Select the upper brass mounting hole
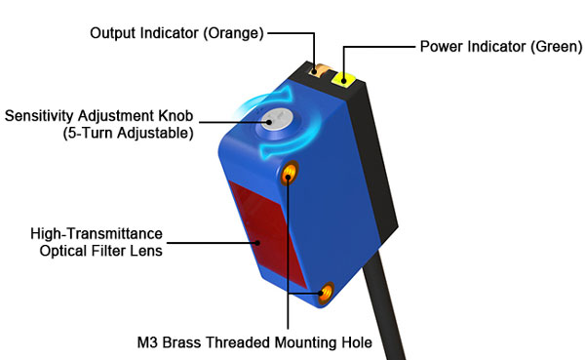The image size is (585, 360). tap(291, 175)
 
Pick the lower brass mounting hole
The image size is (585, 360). tap(325, 291)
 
